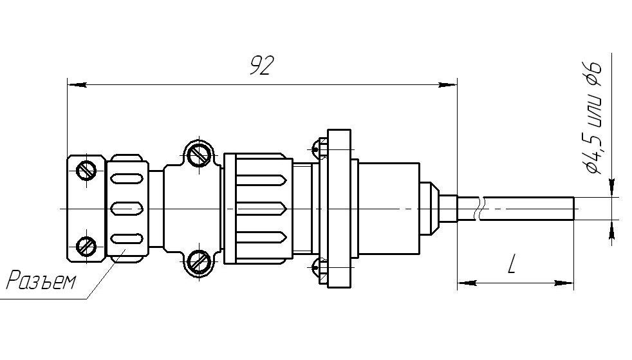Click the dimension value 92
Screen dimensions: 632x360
(x=261, y=66)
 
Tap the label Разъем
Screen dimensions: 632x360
(x=42, y=280)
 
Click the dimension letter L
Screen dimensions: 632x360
(x=512, y=264)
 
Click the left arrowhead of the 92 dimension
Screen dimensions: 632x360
(x=77, y=85)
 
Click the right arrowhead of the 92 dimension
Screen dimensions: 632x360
(x=447, y=85)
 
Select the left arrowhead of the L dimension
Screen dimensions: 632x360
(x=467, y=283)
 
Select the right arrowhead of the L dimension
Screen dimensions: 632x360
(x=564, y=283)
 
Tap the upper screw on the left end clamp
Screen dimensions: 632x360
(x=86, y=170)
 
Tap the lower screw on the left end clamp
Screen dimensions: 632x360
(x=86, y=246)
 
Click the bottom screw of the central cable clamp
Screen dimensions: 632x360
(x=199, y=262)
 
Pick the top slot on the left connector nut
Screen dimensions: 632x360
(x=127, y=178)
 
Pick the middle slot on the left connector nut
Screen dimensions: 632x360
(x=127, y=209)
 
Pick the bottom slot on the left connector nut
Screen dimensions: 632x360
(x=127, y=239)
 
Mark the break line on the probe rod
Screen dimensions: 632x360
(x=479, y=209)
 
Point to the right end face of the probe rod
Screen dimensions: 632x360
(x=573, y=209)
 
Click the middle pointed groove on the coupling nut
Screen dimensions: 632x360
(x=261, y=209)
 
